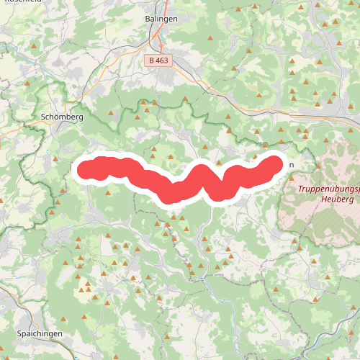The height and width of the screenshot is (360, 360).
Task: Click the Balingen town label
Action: coord(161,21)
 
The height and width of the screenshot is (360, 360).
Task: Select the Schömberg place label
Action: coord(63,117)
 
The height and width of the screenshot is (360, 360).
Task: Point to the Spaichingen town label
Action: coord(38,334)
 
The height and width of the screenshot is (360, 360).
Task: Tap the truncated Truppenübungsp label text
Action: coord(328,190)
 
